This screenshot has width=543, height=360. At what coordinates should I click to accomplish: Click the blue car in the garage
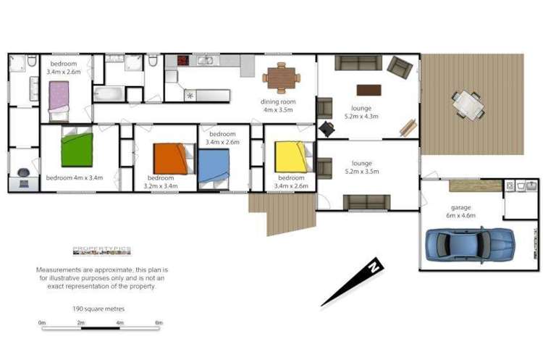coord(470,244)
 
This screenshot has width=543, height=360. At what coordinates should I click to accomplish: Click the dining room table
coord(281,75)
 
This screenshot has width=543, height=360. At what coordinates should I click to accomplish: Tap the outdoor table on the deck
coord(468,105)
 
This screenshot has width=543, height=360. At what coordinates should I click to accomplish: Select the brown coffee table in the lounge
coord(369,91)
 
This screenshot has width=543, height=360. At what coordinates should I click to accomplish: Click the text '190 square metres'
coord(98,309)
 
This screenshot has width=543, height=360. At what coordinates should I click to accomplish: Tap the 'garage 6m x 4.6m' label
coord(461,211)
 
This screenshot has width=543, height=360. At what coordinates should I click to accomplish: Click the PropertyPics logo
coord(101,251)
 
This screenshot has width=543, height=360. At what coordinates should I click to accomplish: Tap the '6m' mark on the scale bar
coord(159,322)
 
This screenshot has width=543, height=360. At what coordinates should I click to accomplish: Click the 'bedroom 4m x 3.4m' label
coord(75,177)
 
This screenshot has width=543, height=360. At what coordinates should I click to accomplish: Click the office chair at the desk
coord(24,175)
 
